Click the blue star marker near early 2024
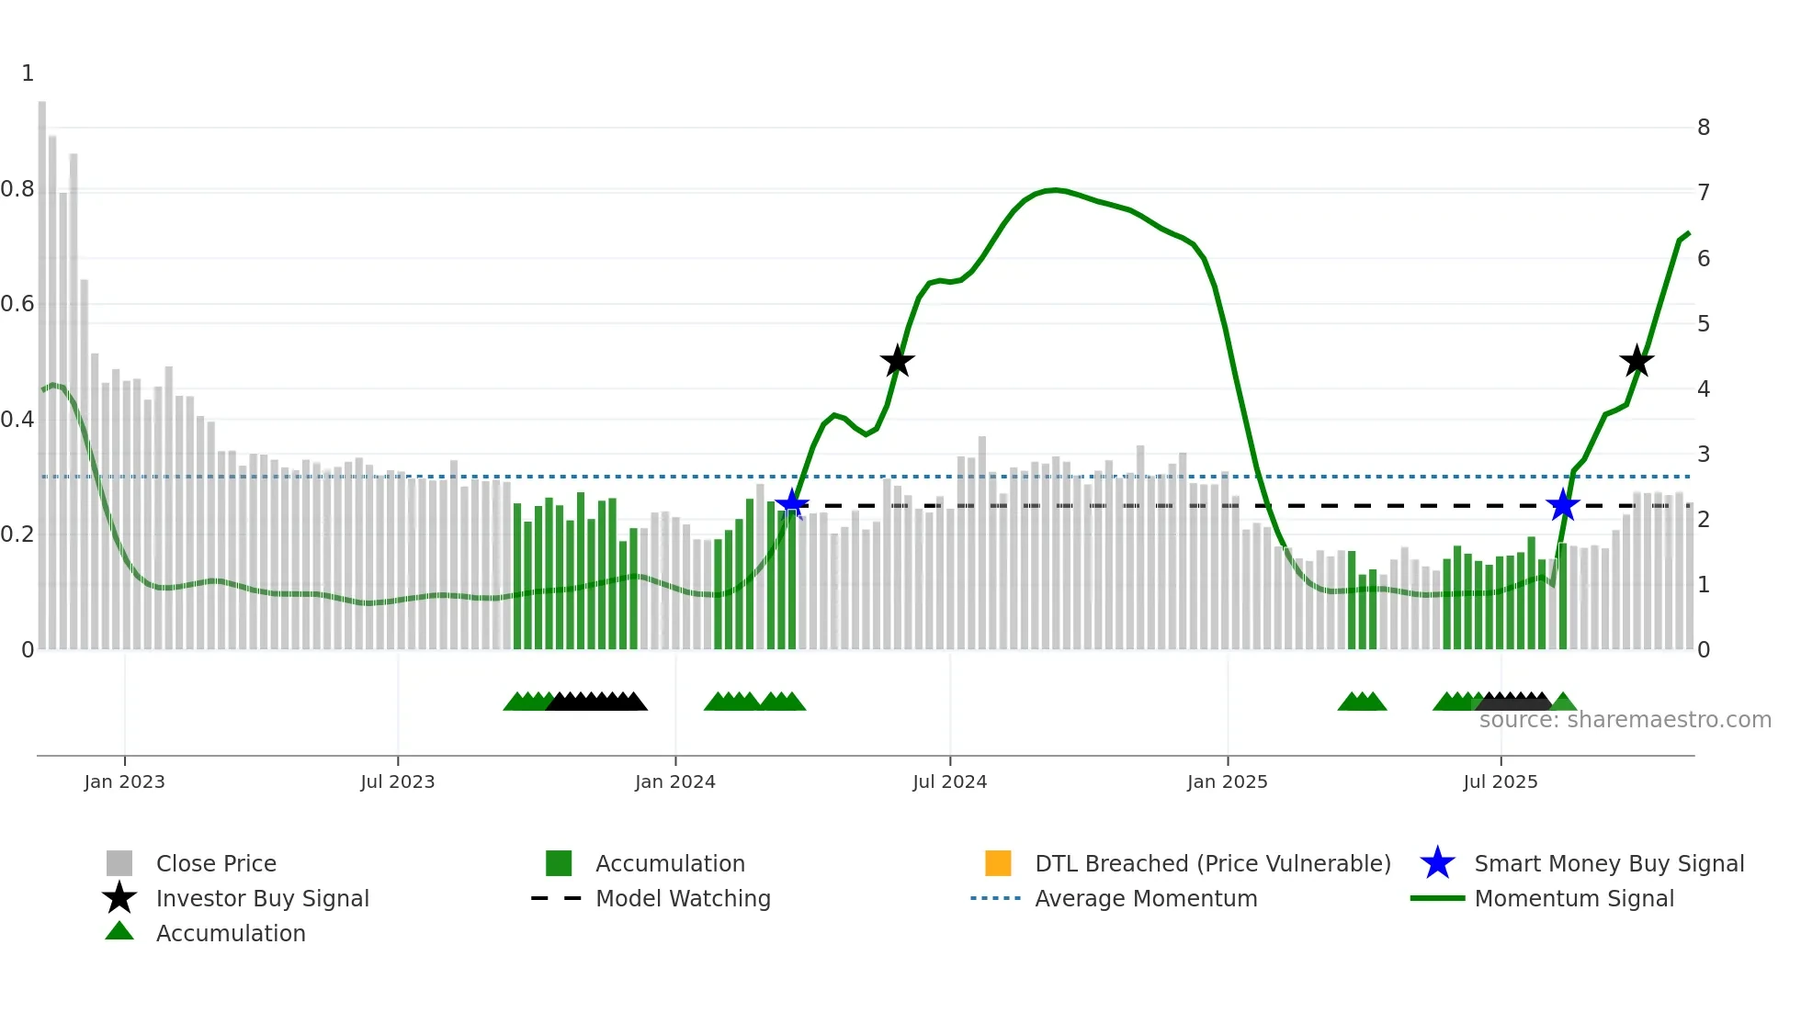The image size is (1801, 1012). click(x=791, y=504)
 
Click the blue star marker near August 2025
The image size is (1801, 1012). click(x=1562, y=505)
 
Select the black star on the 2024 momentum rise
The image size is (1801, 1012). click(x=897, y=361)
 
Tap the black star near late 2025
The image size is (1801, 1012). click(x=1636, y=361)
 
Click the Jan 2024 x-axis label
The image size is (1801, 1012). click(x=674, y=781)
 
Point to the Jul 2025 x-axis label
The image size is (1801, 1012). click(x=1500, y=781)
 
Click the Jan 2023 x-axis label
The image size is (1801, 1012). click(x=124, y=781)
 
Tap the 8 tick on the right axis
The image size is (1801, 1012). click(x=1703, y=128)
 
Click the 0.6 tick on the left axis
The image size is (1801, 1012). click(x=17, y=304)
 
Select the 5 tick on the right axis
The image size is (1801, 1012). click(x=1703, y=323)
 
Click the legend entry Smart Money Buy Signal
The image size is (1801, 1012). click(x=1608, y=863)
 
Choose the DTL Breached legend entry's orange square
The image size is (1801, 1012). click(x=998, y=863)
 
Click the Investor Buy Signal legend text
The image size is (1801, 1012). click(x=262, y=898)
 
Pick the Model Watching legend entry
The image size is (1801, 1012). click(x=682, y=898)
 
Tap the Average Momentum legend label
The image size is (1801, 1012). click(x=1145, y=898)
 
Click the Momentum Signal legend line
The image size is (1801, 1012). click(x=1437, y=898)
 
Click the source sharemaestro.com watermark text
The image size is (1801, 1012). click(x=1625, y=720)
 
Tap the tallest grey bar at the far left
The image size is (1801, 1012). click(x=42, y=367)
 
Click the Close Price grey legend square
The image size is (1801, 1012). click(x=119, y=863)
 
